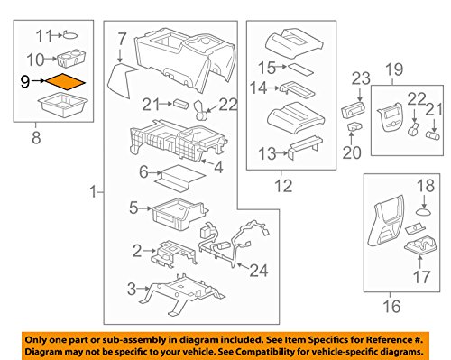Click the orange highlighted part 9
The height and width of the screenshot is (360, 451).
[x=65, y=82]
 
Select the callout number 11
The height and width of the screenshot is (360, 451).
[x=44, y=36]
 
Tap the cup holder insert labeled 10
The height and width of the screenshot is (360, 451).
[x=71, y=58]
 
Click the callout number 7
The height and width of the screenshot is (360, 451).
[x=122, y=39]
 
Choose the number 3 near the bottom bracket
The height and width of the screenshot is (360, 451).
[x=132, y=289]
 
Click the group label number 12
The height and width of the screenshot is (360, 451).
[x=283, y=186]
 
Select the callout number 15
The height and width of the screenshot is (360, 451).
[x=267, y=68]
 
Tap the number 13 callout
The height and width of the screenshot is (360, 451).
[x=267, y=153]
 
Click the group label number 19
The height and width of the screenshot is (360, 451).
[x=394, y=69]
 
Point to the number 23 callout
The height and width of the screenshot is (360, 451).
[x=361, y=78]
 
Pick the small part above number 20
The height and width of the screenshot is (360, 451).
[x=354, y=126]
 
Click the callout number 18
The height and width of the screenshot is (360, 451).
[x=426, y=186]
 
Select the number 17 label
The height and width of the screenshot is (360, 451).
[x=421, y=277]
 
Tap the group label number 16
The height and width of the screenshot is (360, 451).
[x=391, y=306]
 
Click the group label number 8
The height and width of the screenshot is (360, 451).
[x=36, y=138]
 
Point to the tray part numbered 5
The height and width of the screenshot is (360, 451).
[x=179, y=214]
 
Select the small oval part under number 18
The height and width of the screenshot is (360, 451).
[x=423, y=212]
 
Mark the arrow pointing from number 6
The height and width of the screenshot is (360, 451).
[x=156, y=173]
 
